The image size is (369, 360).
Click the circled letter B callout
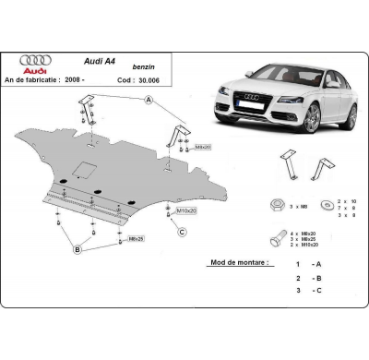coord(78,249)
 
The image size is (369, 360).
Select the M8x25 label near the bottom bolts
coord(136,239)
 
